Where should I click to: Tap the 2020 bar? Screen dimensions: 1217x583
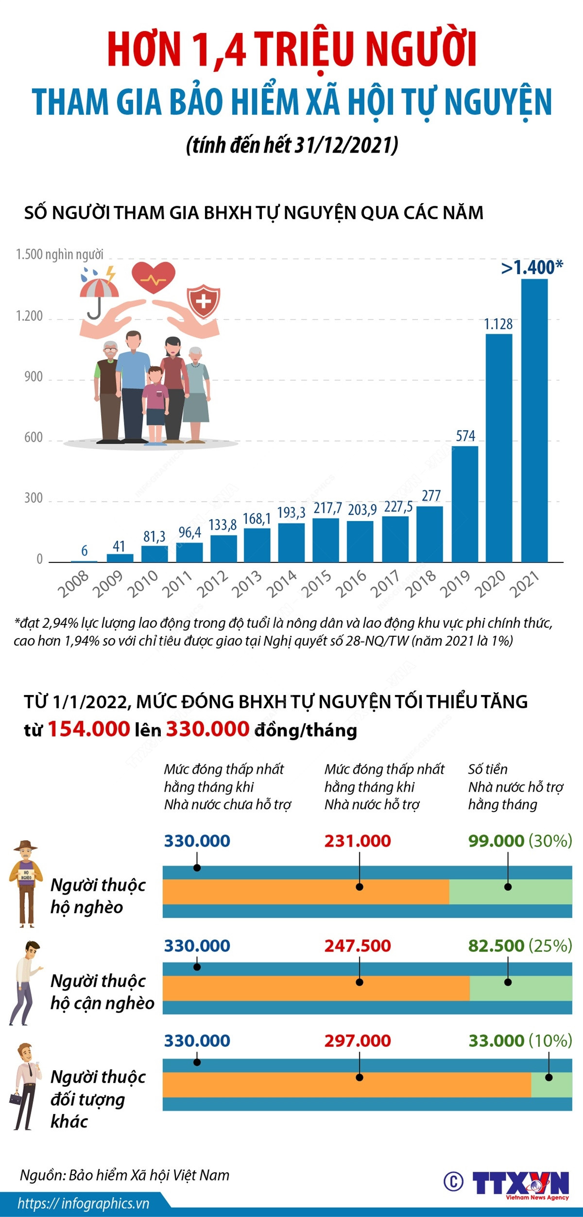click(499, 448)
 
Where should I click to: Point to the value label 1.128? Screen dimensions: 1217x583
click(498, 324)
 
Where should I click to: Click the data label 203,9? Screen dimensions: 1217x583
click(362, 510)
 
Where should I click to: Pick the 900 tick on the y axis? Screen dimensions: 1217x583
click(34, 377)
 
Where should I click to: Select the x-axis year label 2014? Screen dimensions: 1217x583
click(282, 584)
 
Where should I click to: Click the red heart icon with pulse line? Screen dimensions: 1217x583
click(154, 278)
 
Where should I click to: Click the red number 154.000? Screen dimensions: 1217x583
click(89, 729)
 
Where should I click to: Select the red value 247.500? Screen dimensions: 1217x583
click(358, 946)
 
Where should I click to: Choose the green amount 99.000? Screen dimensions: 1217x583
click(496, 841)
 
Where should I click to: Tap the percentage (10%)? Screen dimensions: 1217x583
click(550, 1041)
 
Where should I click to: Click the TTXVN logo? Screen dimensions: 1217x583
click(520, 1183)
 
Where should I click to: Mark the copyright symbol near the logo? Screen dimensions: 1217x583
click(454, 1181)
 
